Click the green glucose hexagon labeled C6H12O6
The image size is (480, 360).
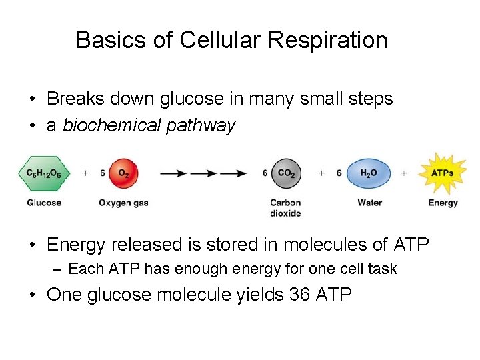(44, 173)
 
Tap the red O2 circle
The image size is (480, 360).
(123, 173)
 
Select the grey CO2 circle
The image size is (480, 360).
(286, 173)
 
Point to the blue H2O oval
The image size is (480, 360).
(369, 173)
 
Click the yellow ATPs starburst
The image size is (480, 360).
(443, 173)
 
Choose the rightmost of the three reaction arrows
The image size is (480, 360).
(233, 173)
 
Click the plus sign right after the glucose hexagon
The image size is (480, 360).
(85, 173)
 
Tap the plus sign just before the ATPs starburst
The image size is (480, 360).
(404, 173)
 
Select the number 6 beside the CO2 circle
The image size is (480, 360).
(265, 173)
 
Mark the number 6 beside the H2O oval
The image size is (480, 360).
(339, 173)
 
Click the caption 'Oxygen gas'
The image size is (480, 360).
(123, 203)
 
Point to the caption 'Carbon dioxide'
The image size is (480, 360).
(285, 208)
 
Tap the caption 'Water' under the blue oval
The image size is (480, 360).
(369, 203)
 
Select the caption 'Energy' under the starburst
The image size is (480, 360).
(443, 203)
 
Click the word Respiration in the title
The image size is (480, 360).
(327, 40)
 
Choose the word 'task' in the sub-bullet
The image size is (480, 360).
(382, 269)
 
